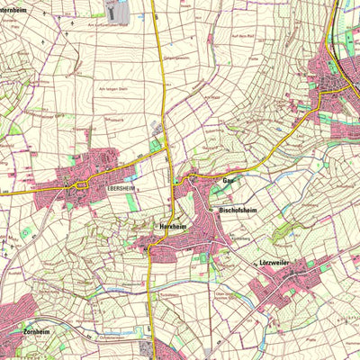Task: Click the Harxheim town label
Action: (x=171, y=227)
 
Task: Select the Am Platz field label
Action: (x=212, y=96)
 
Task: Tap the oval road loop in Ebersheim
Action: (x=81, y=184)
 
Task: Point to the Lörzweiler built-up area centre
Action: (x=279, y=288)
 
